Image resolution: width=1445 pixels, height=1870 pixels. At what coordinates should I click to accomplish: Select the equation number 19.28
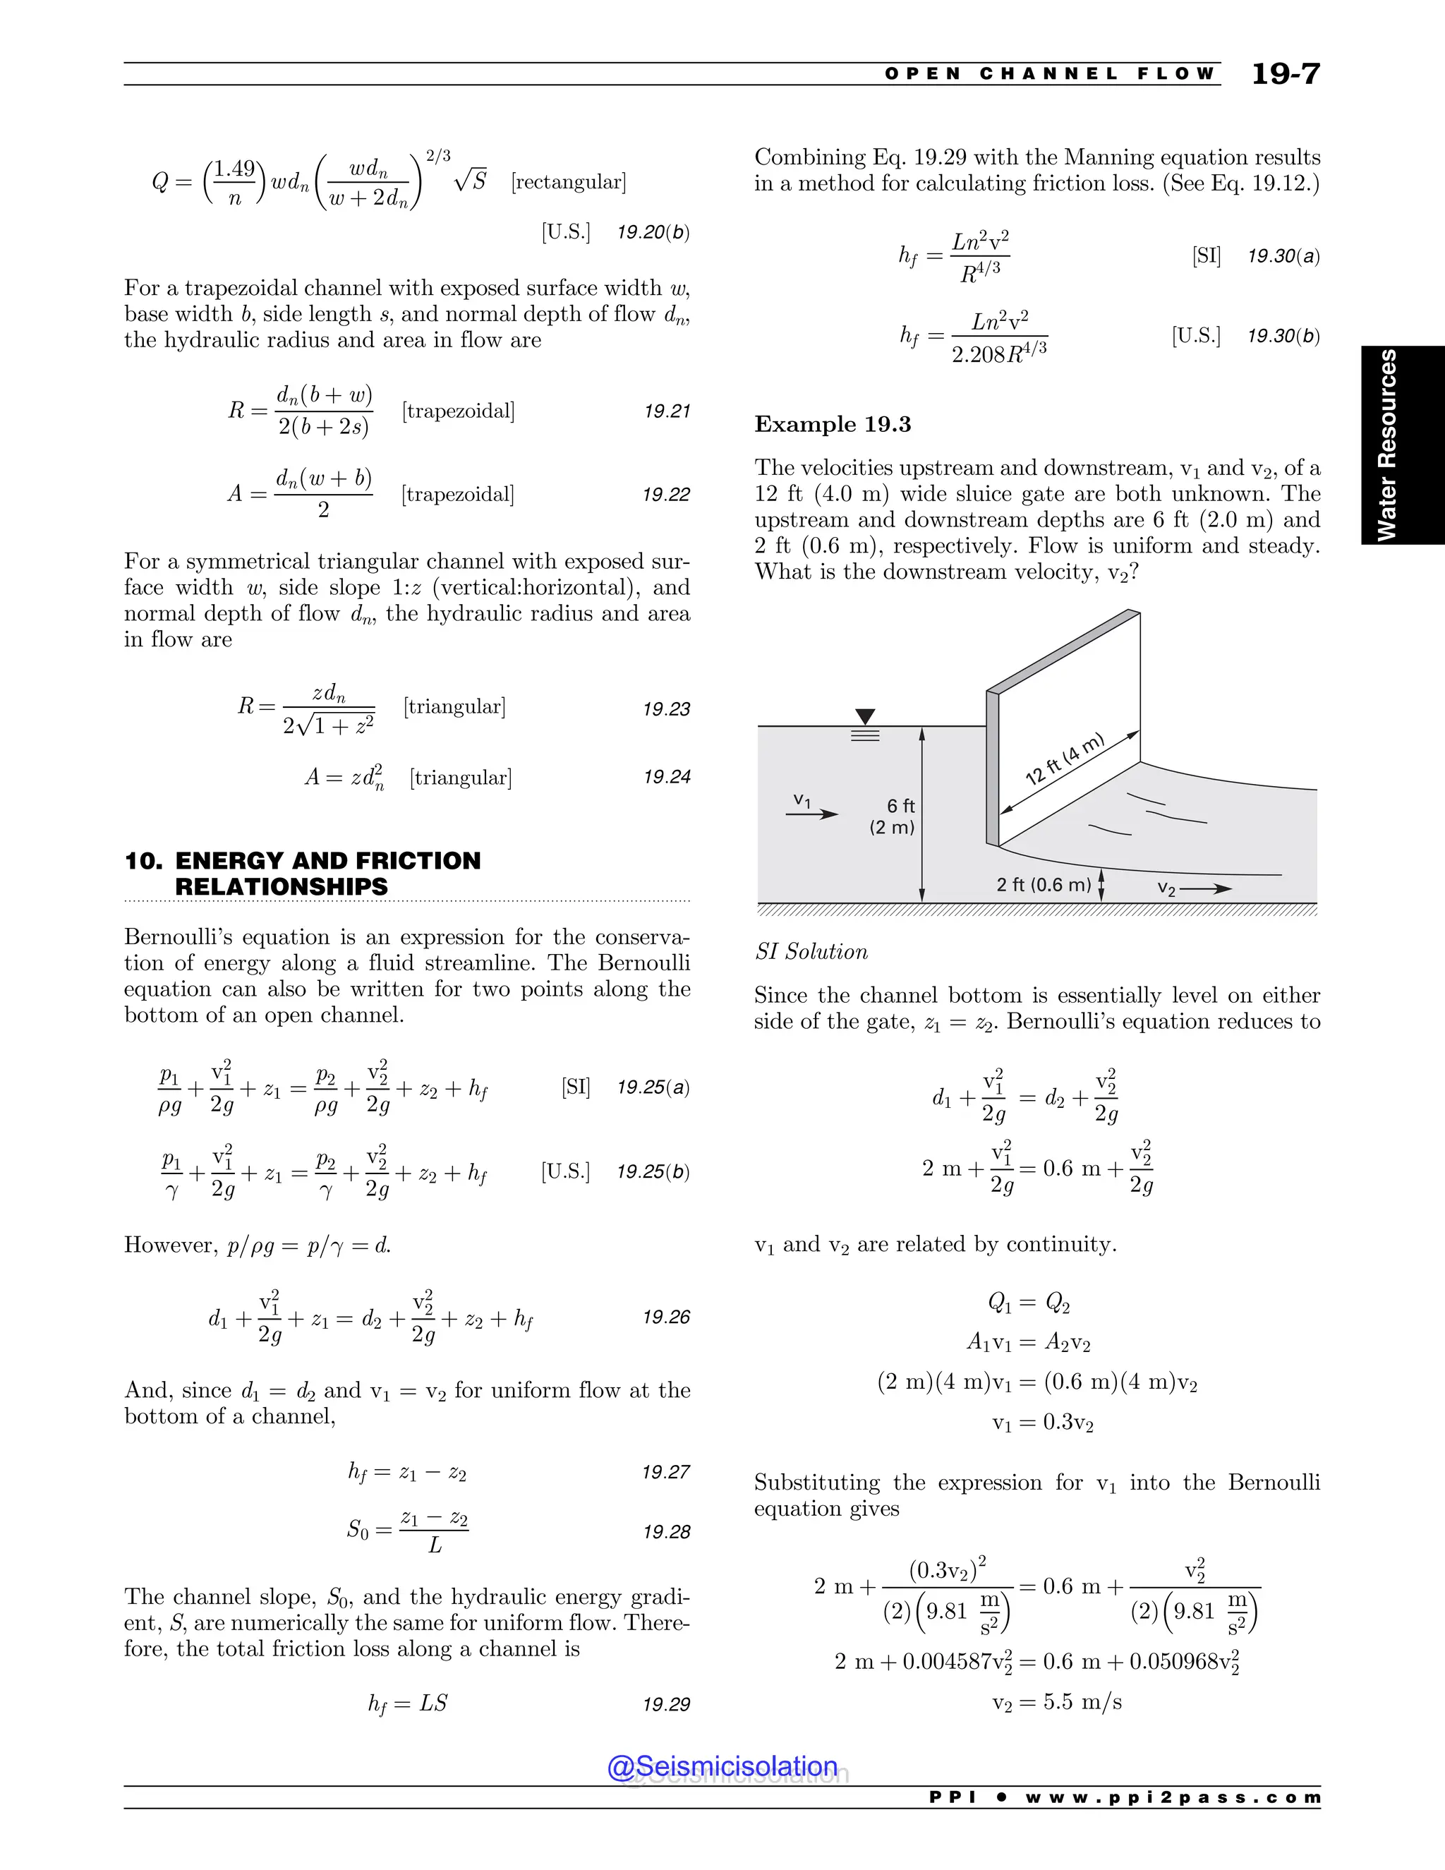[x=666, y=1532]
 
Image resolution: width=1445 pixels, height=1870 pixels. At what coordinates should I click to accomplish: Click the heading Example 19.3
[x=832, y=425]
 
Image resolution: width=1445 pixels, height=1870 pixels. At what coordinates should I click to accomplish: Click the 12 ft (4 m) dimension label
[x=1065, y=759]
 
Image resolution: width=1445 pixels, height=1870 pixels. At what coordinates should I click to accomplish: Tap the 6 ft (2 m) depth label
[x=893, y=816]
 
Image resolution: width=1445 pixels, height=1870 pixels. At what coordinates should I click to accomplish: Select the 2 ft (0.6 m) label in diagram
[x=1043, y=884]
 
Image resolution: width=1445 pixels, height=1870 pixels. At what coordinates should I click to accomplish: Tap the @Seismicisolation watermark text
[x=722, y=1766]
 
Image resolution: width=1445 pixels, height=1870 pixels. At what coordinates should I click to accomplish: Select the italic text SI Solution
[x=811, y=952]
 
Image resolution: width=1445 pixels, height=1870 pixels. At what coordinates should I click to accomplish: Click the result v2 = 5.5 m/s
[x=1056, y=1702]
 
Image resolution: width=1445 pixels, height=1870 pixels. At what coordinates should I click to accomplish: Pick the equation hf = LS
[x=408, y=1704]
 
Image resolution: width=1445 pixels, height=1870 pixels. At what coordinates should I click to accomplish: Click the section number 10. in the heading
[x=143, y=860]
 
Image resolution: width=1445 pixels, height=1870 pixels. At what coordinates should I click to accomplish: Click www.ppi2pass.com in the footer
[x=1173, y=1798]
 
